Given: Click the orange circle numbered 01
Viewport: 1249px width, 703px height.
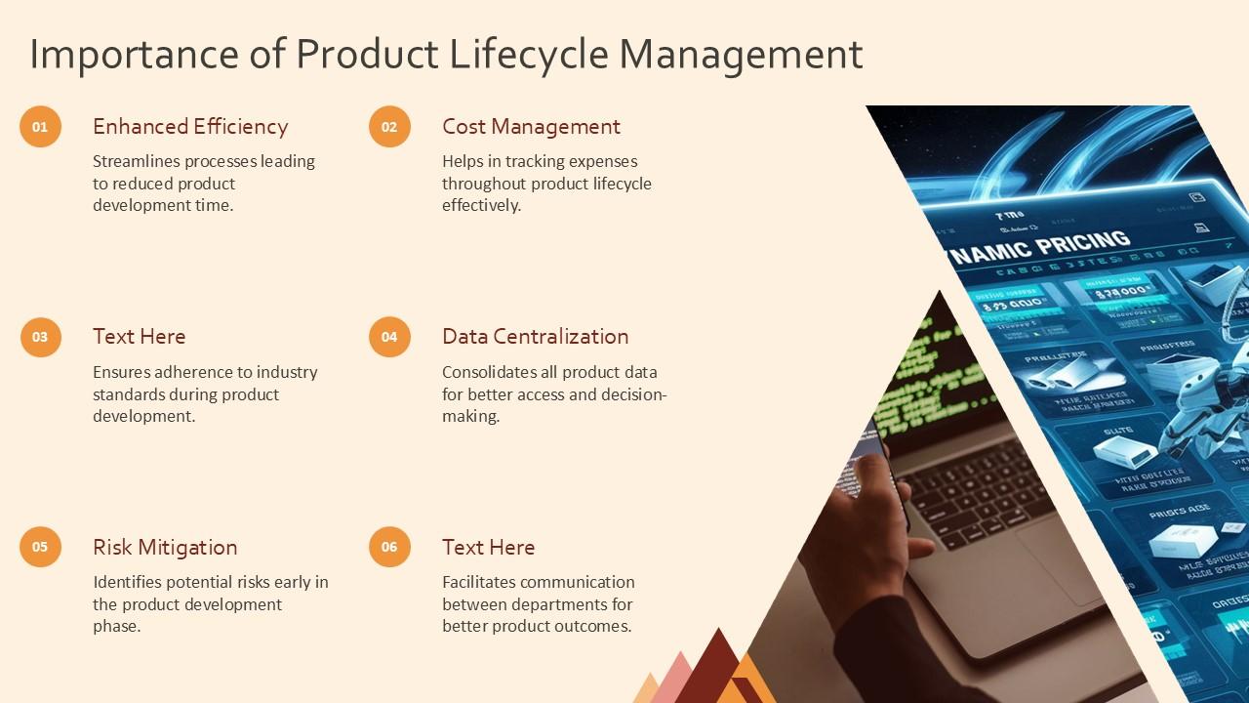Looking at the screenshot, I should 40,127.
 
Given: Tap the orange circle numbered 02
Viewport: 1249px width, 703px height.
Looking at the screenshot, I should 389,127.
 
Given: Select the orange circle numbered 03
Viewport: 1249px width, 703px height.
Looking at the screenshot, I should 40,337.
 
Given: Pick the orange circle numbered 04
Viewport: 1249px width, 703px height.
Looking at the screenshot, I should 389,337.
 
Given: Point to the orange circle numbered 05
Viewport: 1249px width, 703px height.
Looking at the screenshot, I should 40,547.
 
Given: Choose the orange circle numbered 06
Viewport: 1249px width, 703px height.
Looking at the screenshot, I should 389,547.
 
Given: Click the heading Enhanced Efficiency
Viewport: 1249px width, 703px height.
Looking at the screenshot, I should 190,127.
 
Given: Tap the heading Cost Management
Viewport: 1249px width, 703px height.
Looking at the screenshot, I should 531,127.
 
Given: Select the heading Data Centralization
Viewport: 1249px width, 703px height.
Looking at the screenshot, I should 535,337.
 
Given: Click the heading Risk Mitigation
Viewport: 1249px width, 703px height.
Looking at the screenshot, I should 165,547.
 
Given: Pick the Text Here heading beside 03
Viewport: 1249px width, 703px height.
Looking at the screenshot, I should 139,337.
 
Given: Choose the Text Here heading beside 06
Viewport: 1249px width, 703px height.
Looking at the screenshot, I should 488,547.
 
